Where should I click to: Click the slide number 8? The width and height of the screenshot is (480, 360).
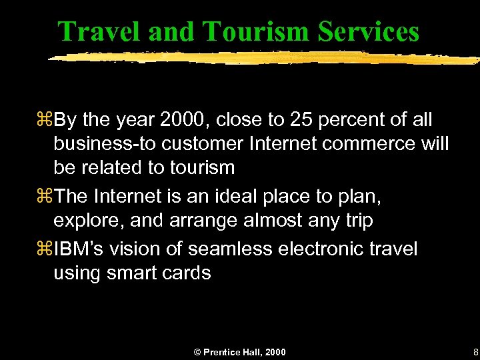(x=475, y=351)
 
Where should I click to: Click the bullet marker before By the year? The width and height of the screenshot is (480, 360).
(x=46, y=121)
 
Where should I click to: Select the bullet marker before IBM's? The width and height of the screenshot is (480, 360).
(x=46, y=249)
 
